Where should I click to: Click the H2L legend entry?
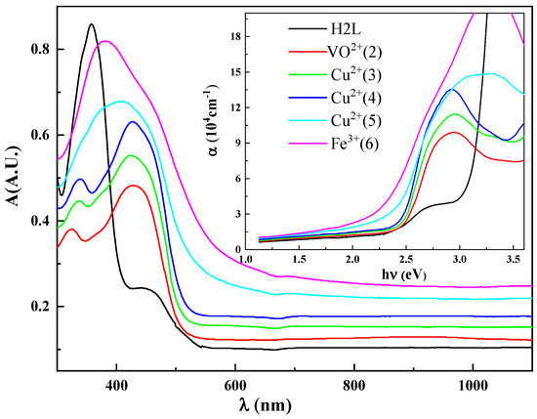pyautogui.click(x=346, y=29)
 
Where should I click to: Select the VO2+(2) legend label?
pyautogui.click(x=354, y=52)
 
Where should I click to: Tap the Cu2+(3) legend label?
pyautogui.click(x=355, y=74)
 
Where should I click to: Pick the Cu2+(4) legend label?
pyautogui.click(x=355, y=98)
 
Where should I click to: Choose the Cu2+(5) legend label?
pyautogui.click(x=355, y=120)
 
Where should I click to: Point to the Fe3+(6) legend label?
pyautogui.click(x=354, y=144)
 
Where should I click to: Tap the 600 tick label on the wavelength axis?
pyautogui.click(x=235, y=386)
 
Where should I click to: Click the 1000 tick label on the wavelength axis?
pyautogui.click(x=473, y=386)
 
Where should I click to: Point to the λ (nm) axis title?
pyautogui.click(x=266, y=405)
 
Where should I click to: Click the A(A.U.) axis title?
pyautogui.click(x=15, y=177)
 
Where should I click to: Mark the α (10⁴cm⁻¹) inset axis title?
pyautogui.click(x=213, y=120)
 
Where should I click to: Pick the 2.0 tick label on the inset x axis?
pyautogui.click(x=352, y=260)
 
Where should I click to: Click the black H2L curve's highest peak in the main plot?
pyautogui.click(x=91, y=24)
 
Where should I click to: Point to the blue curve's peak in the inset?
pyautogui.click(x=452, y=89)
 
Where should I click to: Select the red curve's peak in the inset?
pyautogui.click(x=454, y=132)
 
